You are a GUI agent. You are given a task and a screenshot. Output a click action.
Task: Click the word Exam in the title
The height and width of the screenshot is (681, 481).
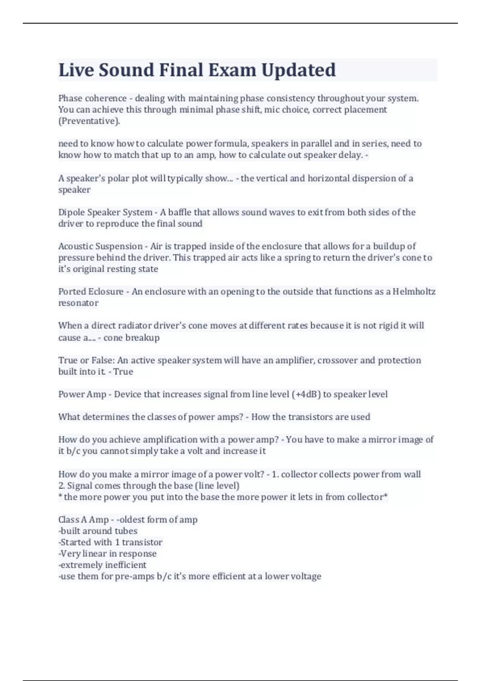232,70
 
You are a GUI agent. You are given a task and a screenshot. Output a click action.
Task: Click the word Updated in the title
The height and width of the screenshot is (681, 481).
299,70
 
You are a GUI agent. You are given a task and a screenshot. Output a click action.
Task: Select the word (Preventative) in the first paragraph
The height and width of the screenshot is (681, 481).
89,121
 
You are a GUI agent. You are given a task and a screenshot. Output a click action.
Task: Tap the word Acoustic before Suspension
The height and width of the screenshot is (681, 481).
75,246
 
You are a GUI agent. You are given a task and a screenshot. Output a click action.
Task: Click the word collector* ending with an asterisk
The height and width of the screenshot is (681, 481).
367,497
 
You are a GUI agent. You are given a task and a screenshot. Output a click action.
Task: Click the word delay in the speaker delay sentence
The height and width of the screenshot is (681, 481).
351,155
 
